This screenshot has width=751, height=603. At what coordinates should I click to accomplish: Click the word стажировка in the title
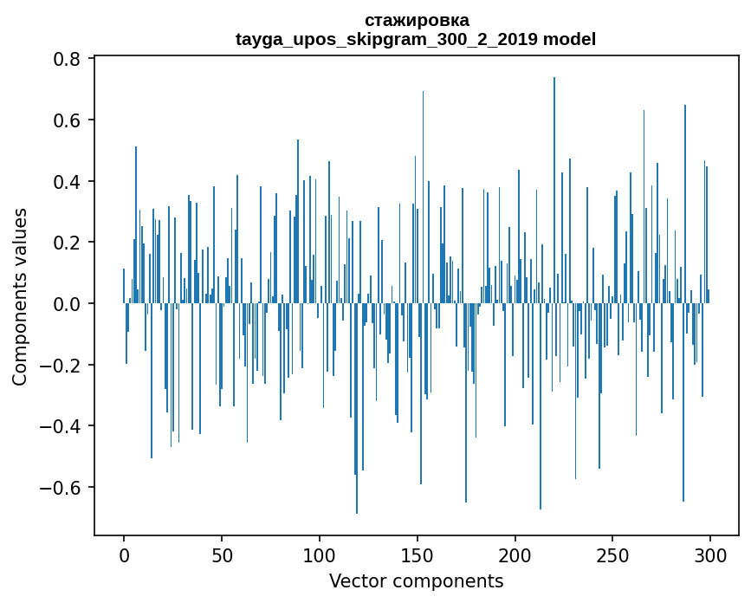(417, 20)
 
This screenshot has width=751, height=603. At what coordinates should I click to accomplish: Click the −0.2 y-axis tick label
(63, 366)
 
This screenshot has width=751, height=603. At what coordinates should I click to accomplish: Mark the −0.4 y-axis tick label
(63, 426)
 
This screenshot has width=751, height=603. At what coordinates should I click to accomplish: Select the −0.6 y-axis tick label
(63, 488)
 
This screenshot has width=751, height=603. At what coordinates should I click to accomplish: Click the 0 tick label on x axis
(124, 554)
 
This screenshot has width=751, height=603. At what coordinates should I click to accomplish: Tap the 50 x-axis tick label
(222, 554)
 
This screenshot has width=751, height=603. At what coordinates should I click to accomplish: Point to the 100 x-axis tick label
(320, 554)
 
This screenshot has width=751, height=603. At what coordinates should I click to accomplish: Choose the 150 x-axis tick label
(417, 554)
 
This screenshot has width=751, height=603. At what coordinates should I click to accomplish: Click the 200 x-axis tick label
(515, 554)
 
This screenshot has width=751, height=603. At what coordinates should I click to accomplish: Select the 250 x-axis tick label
(612, 554)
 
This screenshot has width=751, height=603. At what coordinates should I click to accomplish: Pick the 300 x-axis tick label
(710, 554)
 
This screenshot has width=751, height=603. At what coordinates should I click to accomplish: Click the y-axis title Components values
(21, 296)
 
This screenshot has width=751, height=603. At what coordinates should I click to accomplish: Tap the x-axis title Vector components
(416, 581)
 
